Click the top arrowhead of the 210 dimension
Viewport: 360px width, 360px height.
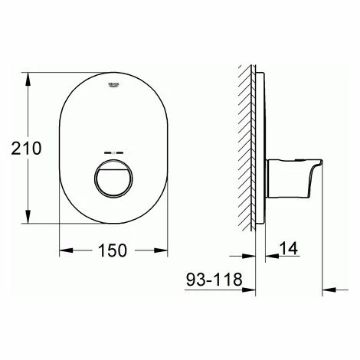[30, 76]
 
